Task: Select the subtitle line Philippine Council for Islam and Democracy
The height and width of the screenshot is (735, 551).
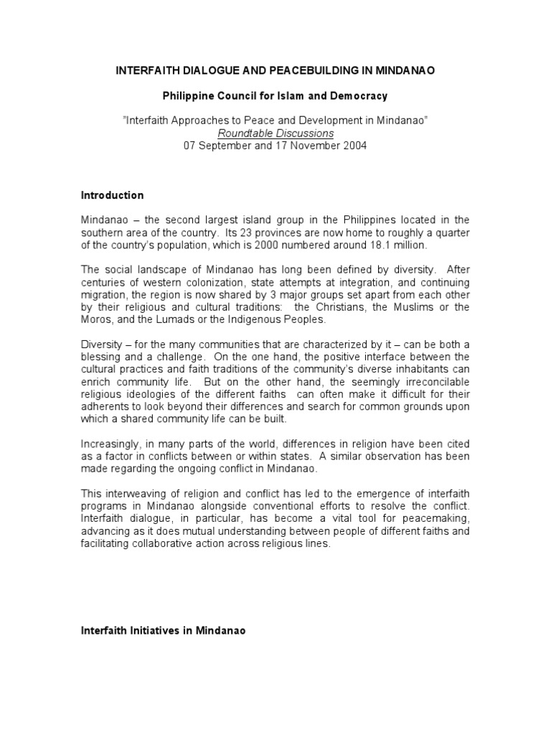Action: (x=275, y=95)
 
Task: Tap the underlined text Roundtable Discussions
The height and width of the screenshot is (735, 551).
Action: (x=275, y=134)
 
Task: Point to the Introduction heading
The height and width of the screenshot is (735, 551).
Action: (x=112, y=195)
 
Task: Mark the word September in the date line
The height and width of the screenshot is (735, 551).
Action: (x=224, y=146)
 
